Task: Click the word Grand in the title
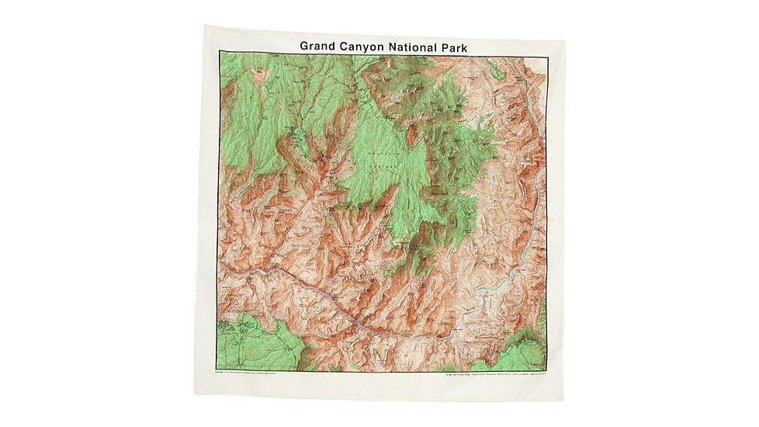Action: (x=321, y=46)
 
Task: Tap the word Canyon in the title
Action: (x=372, y=47)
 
